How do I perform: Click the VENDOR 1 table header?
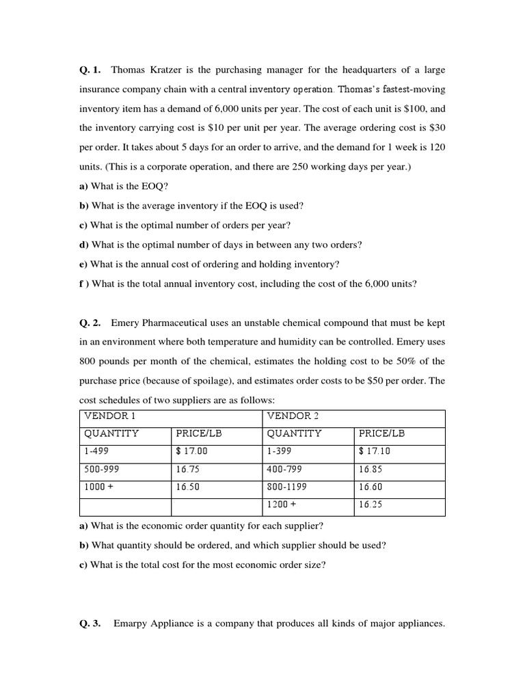[x=105, y=416]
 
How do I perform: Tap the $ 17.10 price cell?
[x=375, y=451]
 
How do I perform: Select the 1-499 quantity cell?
[x=96, y=451]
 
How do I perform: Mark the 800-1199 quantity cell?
[x=287, y=487]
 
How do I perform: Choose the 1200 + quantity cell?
[x=282, y=505]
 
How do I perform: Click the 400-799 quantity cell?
[x=284, y=470]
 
